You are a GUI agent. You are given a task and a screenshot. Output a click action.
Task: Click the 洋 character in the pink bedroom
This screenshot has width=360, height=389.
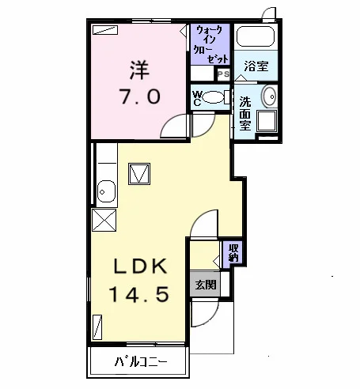[139, 70]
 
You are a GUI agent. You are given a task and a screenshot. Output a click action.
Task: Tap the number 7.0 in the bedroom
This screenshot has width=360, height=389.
[140, 96]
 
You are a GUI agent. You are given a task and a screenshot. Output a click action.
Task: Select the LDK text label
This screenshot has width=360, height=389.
[140, 266]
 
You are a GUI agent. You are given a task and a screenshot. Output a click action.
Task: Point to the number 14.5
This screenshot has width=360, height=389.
[139, 294]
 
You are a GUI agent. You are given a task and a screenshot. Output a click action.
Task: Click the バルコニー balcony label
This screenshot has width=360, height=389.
[141, 361]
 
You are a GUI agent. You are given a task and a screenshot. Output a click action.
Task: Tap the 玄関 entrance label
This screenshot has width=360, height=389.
[206, 285]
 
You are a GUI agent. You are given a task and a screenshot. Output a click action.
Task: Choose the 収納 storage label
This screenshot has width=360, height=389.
[233, 252]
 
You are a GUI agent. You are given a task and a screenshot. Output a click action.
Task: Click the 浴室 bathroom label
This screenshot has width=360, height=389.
[256, 66]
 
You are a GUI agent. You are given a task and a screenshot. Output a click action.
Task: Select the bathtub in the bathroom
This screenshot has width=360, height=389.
[256, 36]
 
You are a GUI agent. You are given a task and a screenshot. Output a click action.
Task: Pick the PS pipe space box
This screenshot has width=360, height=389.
[224, 74]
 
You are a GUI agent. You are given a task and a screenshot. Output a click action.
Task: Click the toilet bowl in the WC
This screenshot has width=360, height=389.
[213, 97]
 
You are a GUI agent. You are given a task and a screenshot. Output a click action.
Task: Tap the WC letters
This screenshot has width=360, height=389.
[197, 98]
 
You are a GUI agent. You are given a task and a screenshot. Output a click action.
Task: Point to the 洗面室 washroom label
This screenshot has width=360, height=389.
[245, 114]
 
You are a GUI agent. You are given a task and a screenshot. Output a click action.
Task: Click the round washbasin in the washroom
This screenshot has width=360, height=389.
[269, 96]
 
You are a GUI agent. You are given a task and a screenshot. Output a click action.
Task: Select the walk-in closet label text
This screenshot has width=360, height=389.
[210, 44]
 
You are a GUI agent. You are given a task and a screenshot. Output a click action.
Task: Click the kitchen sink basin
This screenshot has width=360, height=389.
[106, 191]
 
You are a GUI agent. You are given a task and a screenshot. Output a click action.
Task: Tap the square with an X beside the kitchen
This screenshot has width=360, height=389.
[104, 220]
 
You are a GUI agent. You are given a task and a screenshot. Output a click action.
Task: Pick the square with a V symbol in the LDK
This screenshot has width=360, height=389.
[139, 174]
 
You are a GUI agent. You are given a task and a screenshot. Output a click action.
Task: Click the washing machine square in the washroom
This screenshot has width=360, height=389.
[267, 121]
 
